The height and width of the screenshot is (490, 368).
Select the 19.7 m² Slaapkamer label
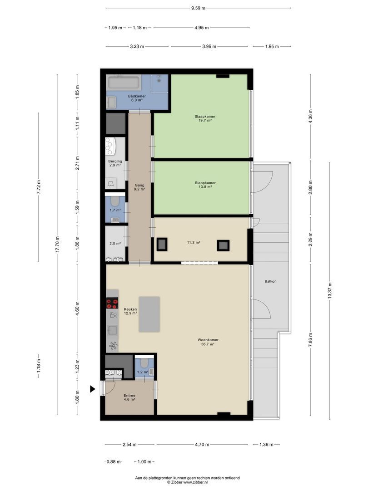pos(205,118)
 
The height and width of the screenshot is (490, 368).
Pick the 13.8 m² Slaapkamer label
pos(205,185)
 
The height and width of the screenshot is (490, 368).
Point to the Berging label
pos(115,161)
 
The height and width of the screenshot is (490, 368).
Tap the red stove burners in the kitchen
pos(112,304)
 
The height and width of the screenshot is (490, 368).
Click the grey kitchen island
pos(149,314)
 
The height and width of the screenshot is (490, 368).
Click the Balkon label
pos(270,281)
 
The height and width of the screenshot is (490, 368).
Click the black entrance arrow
pos(93,389)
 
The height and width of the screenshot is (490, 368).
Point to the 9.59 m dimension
pos(198,8)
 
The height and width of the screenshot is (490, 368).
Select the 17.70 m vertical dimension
pos(57,245)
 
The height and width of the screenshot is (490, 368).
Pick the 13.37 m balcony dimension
pos(329,291)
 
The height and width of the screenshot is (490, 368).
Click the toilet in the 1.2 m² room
pos(144,363)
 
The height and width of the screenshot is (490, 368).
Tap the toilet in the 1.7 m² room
pos(115,201)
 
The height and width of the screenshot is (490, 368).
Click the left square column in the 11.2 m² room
pos(162,245)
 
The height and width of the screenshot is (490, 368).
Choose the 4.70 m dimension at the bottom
pos(202,444)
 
